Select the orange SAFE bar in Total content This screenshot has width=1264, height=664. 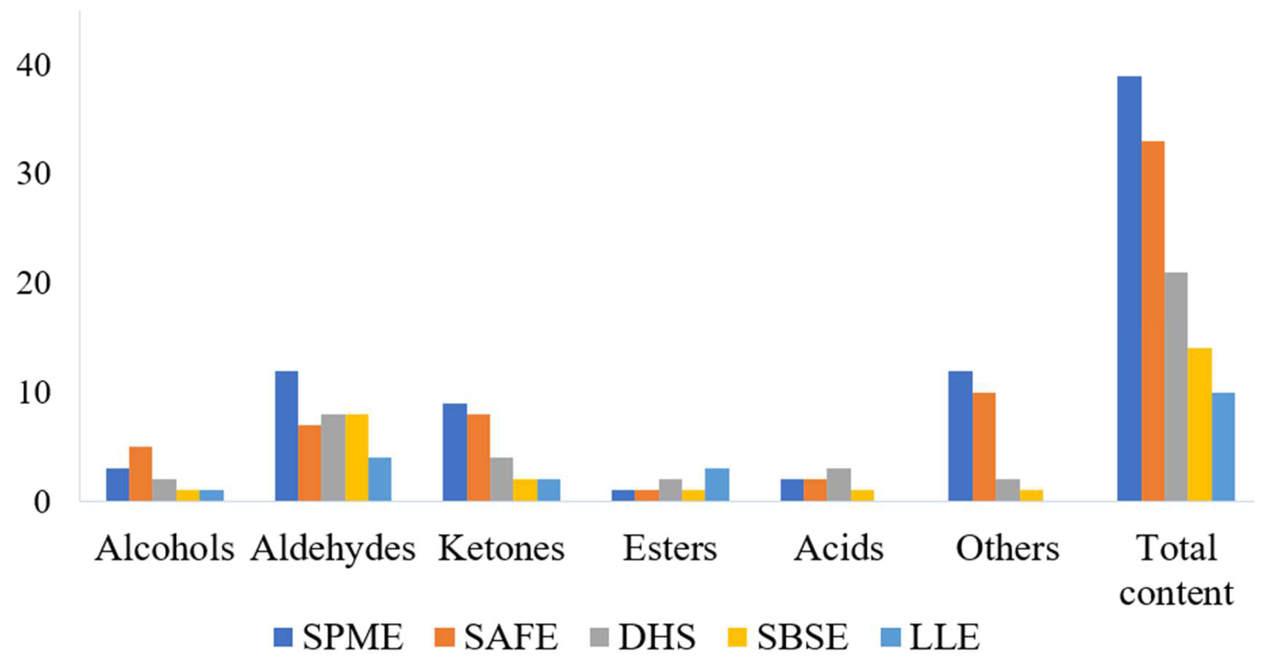point(1153,321)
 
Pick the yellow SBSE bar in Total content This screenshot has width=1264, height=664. point(1199,424)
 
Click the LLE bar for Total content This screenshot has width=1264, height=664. point(1223,446)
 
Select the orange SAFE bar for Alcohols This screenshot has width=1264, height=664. point(140,473)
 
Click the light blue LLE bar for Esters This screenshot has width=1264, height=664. point(717,484)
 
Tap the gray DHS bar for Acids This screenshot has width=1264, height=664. point(838,484)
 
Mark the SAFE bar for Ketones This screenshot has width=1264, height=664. point(478,457)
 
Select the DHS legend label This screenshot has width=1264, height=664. point(656,637)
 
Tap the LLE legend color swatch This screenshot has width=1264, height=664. point(891,637)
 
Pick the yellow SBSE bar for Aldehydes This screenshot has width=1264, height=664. point(356,457)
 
